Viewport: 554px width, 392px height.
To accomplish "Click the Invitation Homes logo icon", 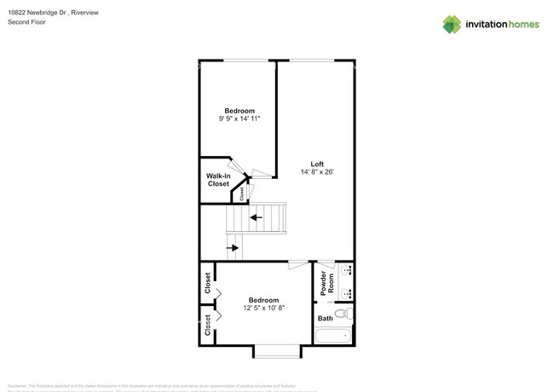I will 451,25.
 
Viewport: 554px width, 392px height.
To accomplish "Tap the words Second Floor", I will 26,23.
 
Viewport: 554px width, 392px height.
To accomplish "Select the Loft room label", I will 316,164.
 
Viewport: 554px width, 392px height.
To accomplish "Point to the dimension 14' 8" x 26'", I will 316,172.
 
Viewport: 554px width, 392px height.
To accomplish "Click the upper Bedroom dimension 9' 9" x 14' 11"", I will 239,119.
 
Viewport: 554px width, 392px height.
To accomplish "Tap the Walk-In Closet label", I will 217,180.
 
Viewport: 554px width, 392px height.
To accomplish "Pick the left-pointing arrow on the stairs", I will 256,217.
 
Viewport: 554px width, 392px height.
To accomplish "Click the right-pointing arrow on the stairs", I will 233,249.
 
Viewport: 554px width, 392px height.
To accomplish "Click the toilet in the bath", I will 343,316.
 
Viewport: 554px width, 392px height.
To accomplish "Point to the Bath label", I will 325,319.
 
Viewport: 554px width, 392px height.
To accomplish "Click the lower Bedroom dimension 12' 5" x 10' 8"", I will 263,308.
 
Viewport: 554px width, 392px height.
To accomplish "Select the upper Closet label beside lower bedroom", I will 207,281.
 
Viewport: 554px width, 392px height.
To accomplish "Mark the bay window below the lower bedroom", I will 276,349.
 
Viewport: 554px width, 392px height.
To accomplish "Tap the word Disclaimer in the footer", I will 21,385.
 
